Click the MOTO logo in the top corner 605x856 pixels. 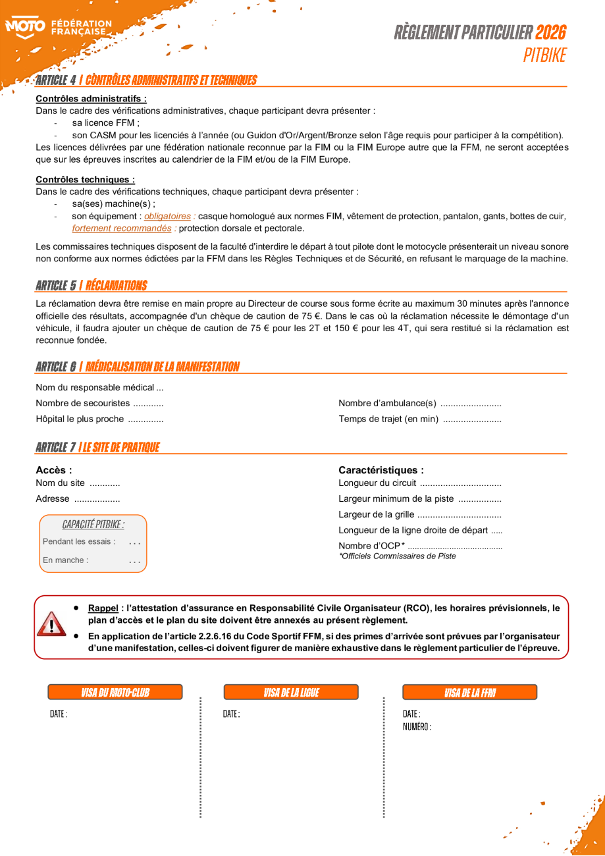[x=25, y=28]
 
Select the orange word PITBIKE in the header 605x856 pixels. [x=544, y=55]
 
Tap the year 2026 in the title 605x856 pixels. [x=550, y=32]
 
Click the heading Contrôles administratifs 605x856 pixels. [x=91, y=99]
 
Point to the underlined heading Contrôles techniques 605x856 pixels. [x=85, y=179]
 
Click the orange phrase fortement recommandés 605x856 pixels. [x=121, y=228]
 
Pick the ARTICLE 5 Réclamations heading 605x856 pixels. [x=92, y=285]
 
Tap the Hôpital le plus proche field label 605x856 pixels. [x=80, y=419]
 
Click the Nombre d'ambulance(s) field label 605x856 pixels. [x=387, y=403]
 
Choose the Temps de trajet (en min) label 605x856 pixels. [x=388, y=419]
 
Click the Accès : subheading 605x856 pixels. [x=53, y=470]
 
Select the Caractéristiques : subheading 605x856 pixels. [x=381, y=470]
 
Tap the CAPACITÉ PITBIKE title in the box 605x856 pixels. [x=93, y=524]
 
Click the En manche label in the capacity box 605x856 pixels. [x=65, y=560]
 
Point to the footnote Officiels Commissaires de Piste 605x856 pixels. [x=397, y=556]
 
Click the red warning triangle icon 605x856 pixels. [x=51, y=623]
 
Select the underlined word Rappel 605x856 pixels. [x=103, y=608]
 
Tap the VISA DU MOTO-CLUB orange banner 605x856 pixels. [x=115, y=692]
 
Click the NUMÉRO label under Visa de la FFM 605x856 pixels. [x=417, y=727]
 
